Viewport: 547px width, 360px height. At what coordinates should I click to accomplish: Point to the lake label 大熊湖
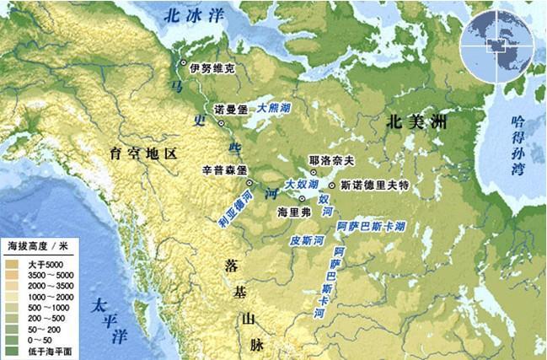tap(275, 109)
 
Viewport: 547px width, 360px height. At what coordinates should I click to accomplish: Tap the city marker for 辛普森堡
tap(250, 181)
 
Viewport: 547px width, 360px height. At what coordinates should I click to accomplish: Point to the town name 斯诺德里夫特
tap(373, 185)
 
